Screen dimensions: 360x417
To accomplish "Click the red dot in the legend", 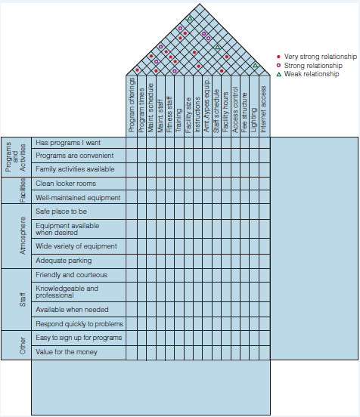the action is (x=278, y=57).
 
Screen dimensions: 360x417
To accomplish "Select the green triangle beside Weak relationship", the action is (x=279, y=75).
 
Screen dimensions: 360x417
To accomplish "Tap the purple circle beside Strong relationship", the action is (x=278, y=66).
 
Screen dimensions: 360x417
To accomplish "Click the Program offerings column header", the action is (x=132, y=105).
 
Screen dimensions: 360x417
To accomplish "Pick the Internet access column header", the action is (x=263, y=109).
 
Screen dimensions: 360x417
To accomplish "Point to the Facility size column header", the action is (x=188, y=115).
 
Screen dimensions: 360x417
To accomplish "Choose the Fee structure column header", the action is (x=244, y=113).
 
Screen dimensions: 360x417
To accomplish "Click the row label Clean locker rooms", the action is (x=66, y=184).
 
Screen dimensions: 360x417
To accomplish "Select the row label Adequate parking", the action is (x=64, y=261).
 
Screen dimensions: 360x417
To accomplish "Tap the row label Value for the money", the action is (x=67, y=352).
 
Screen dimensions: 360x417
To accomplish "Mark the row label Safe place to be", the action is (x=61, y=212).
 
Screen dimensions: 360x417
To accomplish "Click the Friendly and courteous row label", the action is (x=72, y=275).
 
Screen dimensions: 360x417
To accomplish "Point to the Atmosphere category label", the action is (x=23, y=236).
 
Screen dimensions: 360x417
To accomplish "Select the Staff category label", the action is (x=23, y=300).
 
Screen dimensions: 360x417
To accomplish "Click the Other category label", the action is (x=23, y=346).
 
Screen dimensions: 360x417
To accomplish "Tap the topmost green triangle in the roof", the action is (x=190, y=19).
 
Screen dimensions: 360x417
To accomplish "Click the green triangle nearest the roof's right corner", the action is (x=255, y=65).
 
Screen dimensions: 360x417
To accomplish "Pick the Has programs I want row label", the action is (x=68, y=143).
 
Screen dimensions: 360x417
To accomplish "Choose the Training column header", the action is (x=178, y=120).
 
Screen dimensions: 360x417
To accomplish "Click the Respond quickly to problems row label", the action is (x=79, y=324).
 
